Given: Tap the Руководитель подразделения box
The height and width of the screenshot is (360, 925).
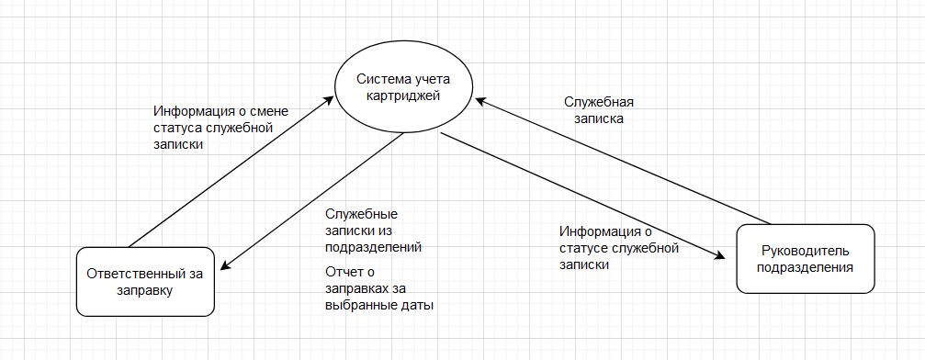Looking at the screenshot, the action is pyautogui.click(x=805, y=259).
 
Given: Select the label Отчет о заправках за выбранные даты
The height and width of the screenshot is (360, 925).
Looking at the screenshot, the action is pyautogui.click(x=378, y=288).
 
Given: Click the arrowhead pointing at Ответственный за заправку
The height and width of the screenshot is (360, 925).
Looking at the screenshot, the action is pyautogui.click(x=223, y=266).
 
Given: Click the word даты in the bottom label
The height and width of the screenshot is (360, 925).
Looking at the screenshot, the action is pyautogui.click(x=418, y=305).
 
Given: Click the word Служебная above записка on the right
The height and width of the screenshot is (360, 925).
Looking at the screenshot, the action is pyautogui.click(x=598, y=102).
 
